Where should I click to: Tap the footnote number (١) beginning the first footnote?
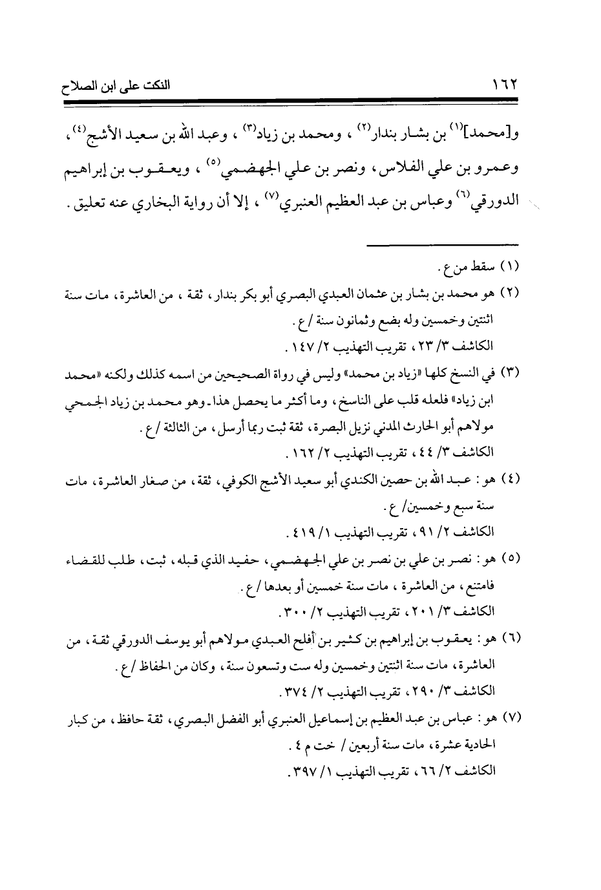[511, 266]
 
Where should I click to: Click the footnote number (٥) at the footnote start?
[511, 556]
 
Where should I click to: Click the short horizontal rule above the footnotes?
[444, 244]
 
